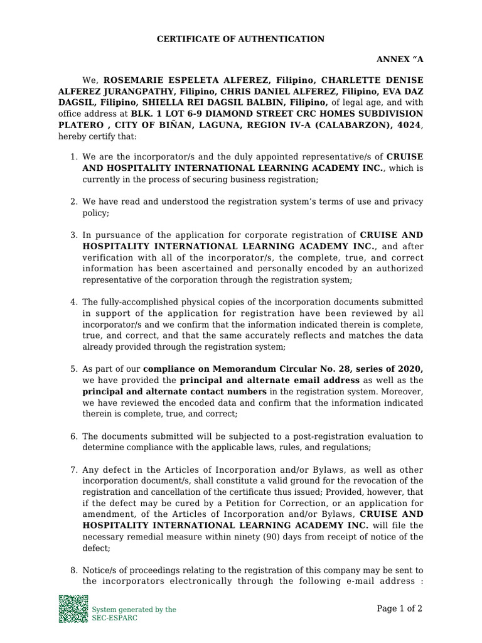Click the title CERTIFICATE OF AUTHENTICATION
pos(240,39)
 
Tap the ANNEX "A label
pos(400,59)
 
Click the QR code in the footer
pos(73,608)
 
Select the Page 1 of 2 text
pos(400,608)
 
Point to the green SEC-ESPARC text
pos(115,618)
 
